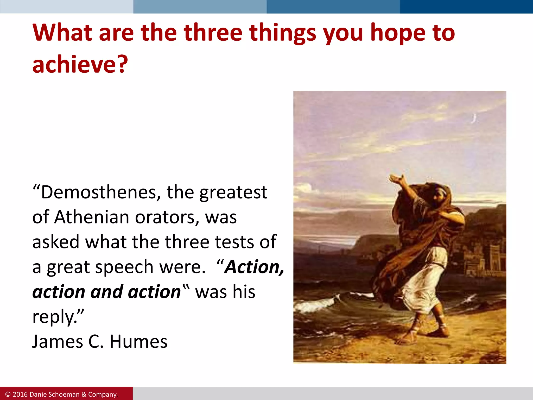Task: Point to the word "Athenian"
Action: point(91,217)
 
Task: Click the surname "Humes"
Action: point(138,342)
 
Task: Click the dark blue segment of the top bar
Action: point(466,7)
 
